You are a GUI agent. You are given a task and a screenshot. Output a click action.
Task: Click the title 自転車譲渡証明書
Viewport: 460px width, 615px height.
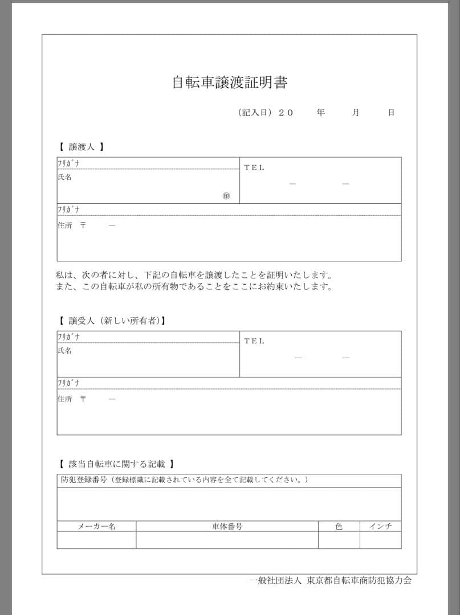[x=230, y=83]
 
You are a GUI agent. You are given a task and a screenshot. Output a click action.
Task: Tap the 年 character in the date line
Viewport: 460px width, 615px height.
[x=321, y=113]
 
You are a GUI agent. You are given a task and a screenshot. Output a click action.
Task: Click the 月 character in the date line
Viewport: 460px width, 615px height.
[x=356, y=113]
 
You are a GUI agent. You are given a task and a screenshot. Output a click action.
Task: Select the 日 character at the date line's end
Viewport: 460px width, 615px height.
[x=391, y=113]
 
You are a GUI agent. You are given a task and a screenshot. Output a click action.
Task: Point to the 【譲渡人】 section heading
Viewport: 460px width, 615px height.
[x=82, y=147]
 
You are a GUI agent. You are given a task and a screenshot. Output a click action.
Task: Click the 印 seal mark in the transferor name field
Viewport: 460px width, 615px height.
[x=226, y=196]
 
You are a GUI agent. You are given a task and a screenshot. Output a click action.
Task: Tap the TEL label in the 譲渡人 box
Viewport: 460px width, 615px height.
[x=254, y=167]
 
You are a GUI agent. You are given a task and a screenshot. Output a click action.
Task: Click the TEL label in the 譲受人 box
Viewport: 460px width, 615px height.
[x=254, y=341]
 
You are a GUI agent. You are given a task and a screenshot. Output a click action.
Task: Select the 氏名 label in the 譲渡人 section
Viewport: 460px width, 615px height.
[x=64, y=177]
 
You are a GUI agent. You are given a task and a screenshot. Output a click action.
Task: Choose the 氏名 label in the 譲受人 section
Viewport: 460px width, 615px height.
[x=64, y=351]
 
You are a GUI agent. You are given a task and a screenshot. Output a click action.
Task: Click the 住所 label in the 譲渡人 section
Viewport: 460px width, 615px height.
[x=64, y=225]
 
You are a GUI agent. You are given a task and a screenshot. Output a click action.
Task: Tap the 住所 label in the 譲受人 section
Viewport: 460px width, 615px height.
[x=64, y=399]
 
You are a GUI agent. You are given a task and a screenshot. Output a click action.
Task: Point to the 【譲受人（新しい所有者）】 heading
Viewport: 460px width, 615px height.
[x=112, y=321]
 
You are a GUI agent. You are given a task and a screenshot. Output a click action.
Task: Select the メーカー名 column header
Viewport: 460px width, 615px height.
[x=96, y=526]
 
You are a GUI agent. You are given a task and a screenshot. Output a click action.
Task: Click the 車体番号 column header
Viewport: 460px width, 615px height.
[x=227, y=526]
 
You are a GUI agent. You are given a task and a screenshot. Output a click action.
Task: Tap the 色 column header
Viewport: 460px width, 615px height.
[x=339, y=526]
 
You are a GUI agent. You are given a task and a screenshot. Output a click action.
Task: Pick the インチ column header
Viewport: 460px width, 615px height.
[x=380, y=526]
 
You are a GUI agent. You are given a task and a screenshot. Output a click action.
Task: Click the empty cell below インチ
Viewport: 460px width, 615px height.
[x=380, y=540]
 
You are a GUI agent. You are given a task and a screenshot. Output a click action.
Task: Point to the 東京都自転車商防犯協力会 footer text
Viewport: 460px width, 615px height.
[x=359, y=581]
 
